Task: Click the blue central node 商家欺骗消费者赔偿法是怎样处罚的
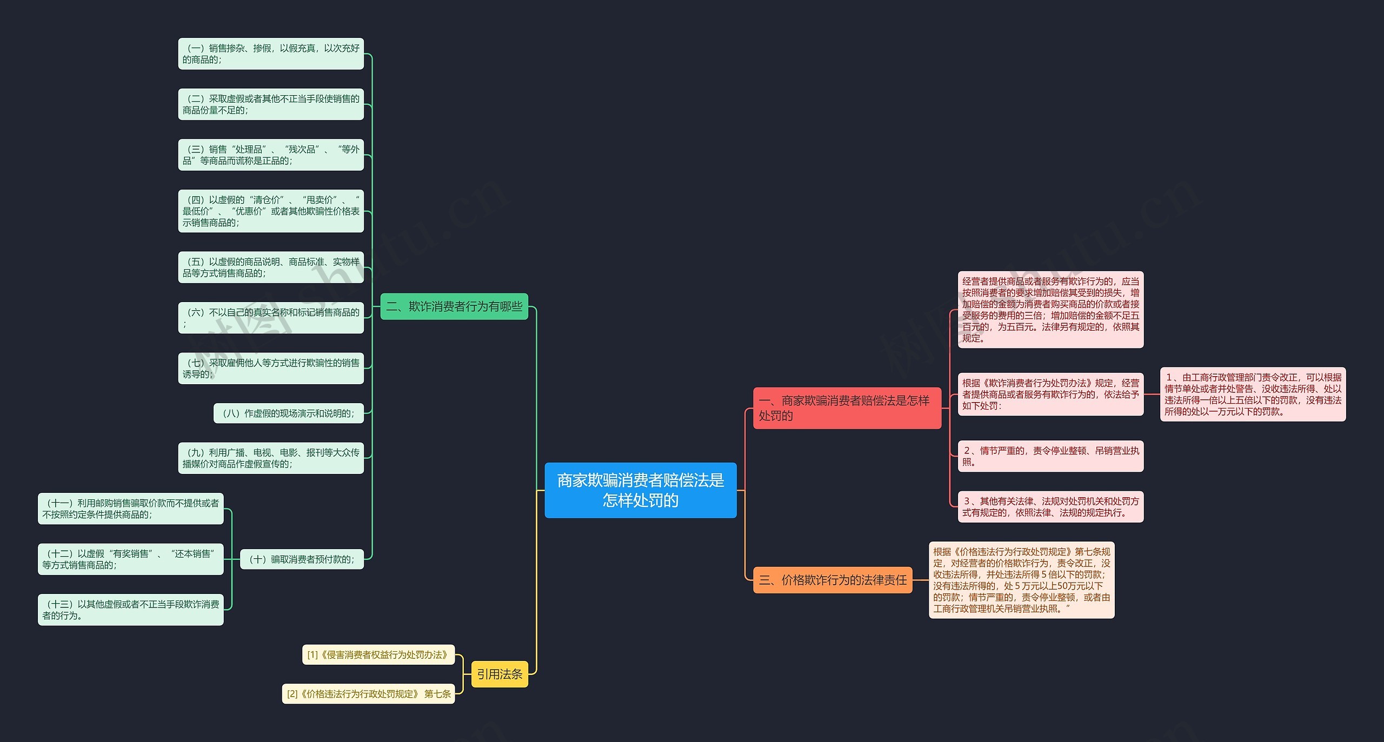click(x=640, y=490)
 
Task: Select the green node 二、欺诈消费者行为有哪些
click(x=454, y=306)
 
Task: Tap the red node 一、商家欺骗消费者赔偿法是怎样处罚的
click(x=847, y=408)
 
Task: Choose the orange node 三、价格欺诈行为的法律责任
click(x=833, y=580)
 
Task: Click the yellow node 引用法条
click(x=500, y=674)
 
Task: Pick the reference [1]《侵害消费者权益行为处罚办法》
click(x=378, y=654)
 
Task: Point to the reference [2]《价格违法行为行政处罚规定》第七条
click(x=368, y=694)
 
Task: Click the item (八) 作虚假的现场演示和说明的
click(x=289, y=413)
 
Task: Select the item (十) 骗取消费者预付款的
click(x=302, y=559)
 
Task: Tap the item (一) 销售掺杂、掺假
click(x=271, y=54)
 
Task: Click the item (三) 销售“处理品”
click(x=271, y=155)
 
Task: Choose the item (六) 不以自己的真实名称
click(x=271, y=318)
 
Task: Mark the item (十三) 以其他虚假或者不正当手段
click(x=130, y=610)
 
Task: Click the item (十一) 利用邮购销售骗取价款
click(x=130, y=509)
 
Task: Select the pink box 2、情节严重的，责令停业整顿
click(x=1050, y=456)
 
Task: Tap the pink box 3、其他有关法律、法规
click(x=1050, y=506)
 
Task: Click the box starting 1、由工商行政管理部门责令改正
click(x=1253, y=394)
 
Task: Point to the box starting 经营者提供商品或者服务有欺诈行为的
click(x=1050, y=310)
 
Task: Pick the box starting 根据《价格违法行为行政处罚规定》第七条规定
click(x=1021, y=580)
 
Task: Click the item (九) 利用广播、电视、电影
click(x=271, y=458)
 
